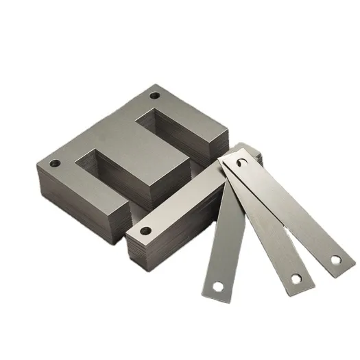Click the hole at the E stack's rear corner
[154, 95]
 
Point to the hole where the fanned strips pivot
[240, 163]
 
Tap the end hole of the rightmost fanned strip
[335, 260]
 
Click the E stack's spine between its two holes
[103, 130]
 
